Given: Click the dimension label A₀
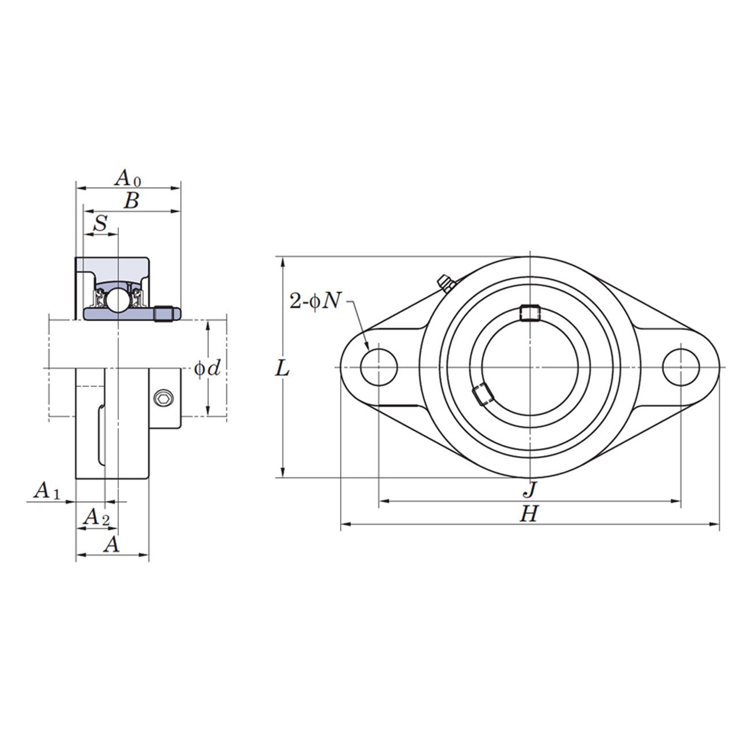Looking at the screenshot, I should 128,178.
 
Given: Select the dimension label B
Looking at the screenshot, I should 132,201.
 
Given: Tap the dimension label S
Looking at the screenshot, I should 100,223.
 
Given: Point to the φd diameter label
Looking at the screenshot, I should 207,368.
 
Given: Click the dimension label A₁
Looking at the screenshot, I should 47,491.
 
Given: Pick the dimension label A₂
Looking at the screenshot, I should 96,517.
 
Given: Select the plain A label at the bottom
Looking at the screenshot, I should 111,544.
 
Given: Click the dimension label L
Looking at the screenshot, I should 282,368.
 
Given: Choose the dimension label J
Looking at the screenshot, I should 529,491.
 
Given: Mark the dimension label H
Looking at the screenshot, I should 529,513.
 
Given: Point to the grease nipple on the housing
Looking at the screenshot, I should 445,283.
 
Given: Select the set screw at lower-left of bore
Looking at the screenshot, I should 482,395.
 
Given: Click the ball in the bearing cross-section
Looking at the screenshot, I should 118,300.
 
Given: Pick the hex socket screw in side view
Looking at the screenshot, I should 163,398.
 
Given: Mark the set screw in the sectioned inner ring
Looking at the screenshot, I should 165,313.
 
